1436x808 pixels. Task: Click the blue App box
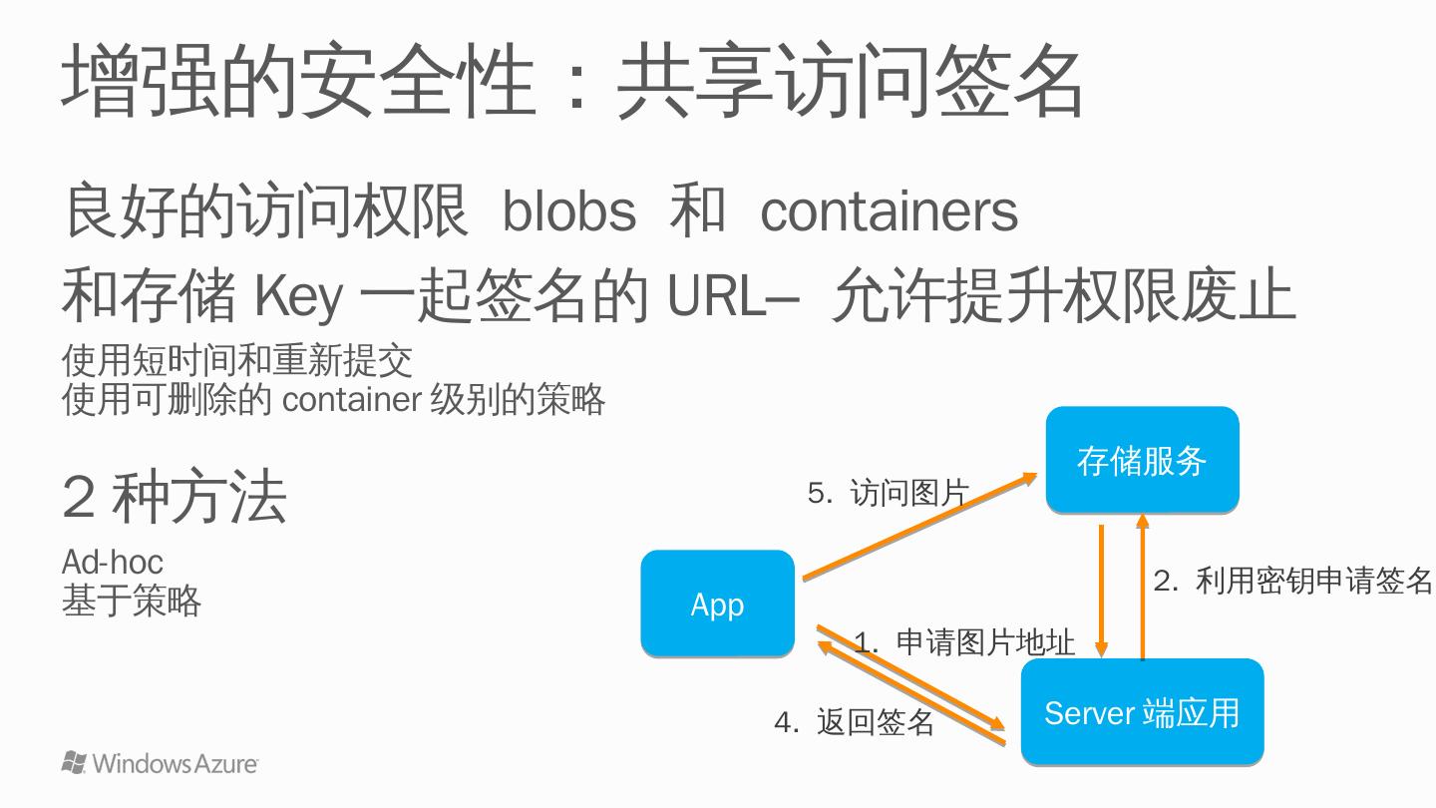tap(717, 604)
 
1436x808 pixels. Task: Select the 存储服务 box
tap(1142, 460)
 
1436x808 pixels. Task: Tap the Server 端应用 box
tap(1142, 712)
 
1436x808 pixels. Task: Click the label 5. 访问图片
tap(888, 492)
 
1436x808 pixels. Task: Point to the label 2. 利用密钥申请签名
tap(1292, 581)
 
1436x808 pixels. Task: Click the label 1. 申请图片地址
tap(964, 642)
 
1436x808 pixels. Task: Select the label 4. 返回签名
tap(854, 722)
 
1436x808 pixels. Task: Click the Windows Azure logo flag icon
tap(74, 762)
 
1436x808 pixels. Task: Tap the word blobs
tap(568, 211)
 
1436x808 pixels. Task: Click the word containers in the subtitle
tap(889, 211)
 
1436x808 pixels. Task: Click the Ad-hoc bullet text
tap(112, 562)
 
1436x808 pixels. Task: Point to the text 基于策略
tap(131, 601)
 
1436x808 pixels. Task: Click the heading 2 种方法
tap(175, 498)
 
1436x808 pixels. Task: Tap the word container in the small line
tap(352, 400)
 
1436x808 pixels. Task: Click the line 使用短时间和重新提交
tap(237, 360)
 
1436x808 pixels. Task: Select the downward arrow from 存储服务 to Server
tap(1102, 589)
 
